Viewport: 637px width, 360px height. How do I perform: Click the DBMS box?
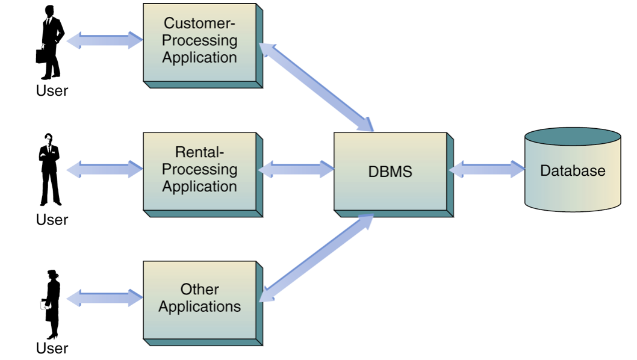[x=390, y=171]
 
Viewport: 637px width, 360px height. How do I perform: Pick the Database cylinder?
[x=572, y=170]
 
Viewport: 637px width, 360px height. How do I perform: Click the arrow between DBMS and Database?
[x=487, y=169]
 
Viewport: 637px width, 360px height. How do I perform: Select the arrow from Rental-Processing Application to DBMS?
[x=296, y=169]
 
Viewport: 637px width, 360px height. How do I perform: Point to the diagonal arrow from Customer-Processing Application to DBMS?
[x=317, y=87]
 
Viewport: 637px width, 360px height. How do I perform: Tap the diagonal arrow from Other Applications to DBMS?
[x=317, y=259]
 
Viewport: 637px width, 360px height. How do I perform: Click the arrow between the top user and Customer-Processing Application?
[x=105, y=40]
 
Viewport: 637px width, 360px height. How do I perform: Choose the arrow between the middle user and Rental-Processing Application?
[x=105, y=169]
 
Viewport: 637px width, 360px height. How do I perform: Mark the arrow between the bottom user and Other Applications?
[x=105, y=297]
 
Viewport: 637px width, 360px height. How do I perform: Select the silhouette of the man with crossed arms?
[x=50, y=169]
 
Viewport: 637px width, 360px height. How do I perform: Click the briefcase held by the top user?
[x=40, y=56]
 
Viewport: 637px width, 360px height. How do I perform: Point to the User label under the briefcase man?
[x=52, y=91]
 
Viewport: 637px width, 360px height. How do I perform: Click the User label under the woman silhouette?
[x=52, y=348]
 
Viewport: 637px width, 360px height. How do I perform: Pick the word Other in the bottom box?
[x=199, y=290]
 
